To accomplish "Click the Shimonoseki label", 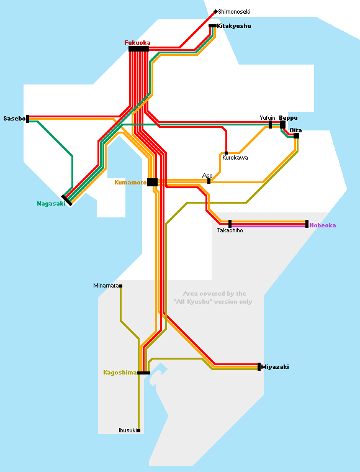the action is [x=234, y=12].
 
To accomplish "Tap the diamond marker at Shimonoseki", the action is [x=215, y=12].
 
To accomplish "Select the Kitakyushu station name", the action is [x=233, y=26].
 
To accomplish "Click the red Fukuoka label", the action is [x=137, y=43].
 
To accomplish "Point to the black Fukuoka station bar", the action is [x=138, y=49].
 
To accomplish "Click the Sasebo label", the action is [x=14, y=118].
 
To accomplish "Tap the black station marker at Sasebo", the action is [x=28, y=119].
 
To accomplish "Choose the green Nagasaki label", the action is [x=51, y=204].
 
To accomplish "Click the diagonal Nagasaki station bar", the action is [x=67, y=200].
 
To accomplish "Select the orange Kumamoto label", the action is [x=130, y=183].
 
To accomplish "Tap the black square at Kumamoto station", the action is [x=152, y=182].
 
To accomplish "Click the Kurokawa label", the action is [x=235, y=158].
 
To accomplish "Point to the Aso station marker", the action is [x=209, y=181].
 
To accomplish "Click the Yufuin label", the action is [x=268, y=118].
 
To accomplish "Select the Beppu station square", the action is [x=282, y=125].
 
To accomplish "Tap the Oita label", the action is [x=295, y=130].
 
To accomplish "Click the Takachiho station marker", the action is [x=230, y=224].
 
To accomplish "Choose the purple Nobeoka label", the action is [x=322, y=225].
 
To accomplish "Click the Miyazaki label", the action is [x=275, y=366].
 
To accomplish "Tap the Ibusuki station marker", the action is [x=138, y=430].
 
